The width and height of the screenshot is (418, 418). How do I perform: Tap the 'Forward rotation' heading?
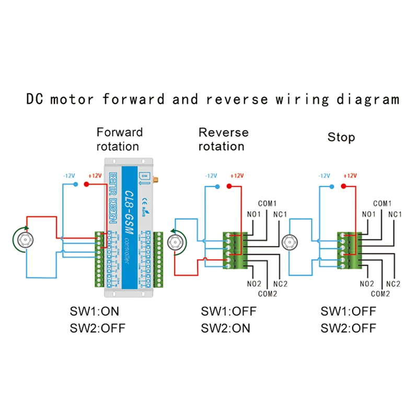119,138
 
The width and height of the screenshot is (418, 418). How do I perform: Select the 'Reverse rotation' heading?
223,139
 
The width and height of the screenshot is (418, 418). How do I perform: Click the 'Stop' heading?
341,137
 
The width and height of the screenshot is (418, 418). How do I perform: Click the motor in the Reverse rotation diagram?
176,242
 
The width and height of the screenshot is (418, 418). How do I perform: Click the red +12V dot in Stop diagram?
344,185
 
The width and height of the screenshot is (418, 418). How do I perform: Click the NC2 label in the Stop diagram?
393,283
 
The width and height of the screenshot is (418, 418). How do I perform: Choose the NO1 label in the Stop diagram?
368,214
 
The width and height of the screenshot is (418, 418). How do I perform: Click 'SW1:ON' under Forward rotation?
95,311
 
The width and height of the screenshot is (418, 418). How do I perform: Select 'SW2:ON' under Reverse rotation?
225,328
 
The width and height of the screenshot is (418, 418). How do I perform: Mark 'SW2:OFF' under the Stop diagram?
348,328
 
